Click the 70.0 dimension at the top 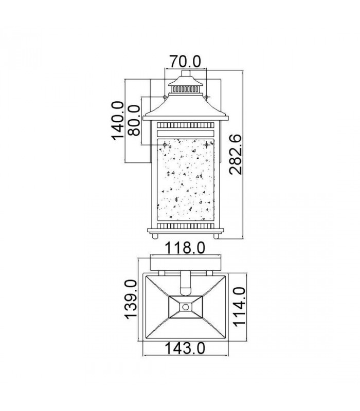(185, 62)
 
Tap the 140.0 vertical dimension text (117, 121)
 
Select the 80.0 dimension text (133, 120)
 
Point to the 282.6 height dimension (235, 155)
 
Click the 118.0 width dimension (185, 248)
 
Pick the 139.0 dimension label (131, 300)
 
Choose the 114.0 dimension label (239, 307)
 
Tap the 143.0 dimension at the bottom (185, 348)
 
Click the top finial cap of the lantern (186, 73)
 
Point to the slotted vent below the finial (186, 89)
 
